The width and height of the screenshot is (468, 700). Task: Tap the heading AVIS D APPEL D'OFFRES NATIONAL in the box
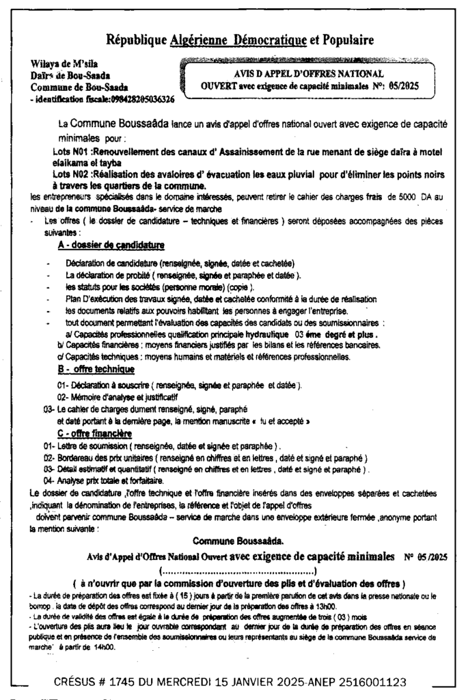(x=314, y=74)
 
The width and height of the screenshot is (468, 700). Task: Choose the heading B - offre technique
(x=96, y=369)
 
